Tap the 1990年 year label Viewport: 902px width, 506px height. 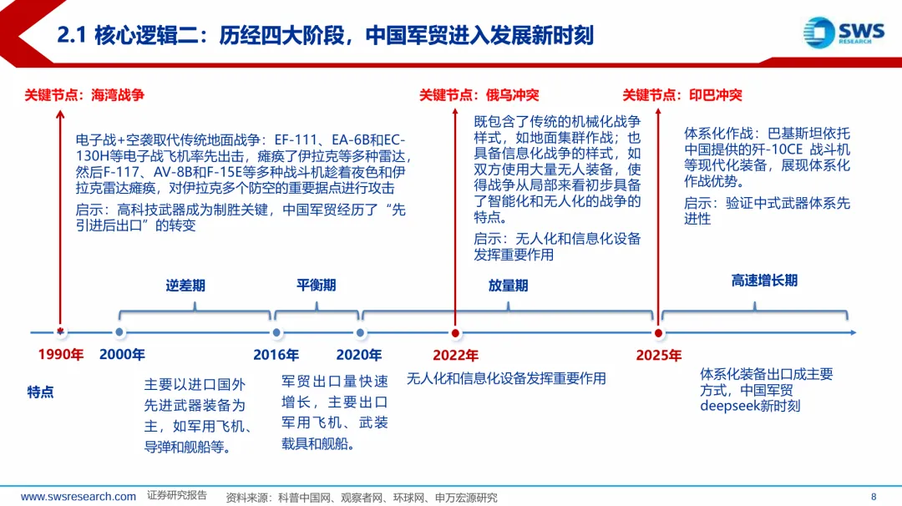60,355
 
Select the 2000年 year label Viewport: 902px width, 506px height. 122,355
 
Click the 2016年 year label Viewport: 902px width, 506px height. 276,355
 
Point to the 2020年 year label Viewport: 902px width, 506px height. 359,355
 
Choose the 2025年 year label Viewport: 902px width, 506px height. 658,355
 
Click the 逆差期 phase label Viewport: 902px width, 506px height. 185,286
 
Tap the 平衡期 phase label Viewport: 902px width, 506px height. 317,285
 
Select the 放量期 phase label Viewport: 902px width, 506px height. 508,286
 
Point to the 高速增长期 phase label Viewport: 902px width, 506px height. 764,281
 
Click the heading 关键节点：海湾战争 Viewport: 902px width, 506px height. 84,95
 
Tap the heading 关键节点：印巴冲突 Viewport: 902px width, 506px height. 682,95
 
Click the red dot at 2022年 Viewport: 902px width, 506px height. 455,332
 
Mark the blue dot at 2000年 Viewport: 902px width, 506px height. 119,332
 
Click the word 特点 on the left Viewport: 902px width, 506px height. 40,392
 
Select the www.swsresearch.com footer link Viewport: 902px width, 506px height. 79,496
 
